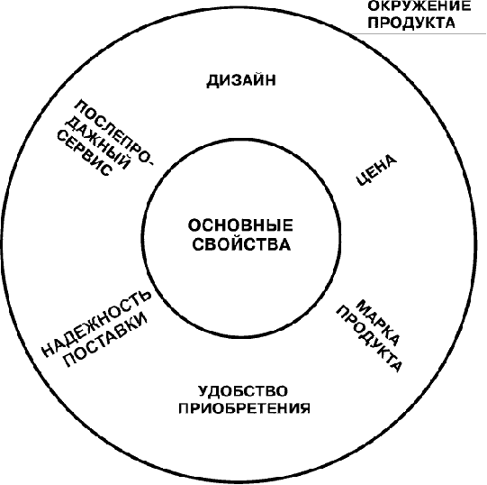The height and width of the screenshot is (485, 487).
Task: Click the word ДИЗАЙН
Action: (241, 80)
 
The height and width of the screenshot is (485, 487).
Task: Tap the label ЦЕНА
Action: (376, 170)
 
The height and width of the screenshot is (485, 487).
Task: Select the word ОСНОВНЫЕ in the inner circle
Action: (240, 225)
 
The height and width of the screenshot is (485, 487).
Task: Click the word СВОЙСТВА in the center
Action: (241, 244)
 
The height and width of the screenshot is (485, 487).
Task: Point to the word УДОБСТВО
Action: (243, 391)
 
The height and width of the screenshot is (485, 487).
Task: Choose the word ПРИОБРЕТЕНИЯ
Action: (245, 408)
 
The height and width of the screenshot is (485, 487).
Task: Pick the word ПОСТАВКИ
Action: (105, 340)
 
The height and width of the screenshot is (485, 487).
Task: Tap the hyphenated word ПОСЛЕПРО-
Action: (113, 134)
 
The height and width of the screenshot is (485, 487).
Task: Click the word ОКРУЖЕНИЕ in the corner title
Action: (419, 6)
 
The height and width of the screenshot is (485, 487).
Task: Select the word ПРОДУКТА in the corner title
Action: (411, 23)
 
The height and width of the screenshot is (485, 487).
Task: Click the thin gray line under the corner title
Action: (419, 33)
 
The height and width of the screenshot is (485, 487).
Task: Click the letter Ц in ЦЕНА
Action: (361, 179)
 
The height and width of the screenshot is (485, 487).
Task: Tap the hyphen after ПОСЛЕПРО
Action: (149, 164)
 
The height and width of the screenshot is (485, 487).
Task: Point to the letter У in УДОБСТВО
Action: (203, 391)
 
